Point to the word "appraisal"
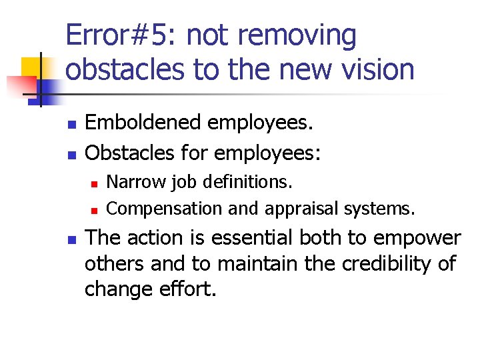pyautogui.click(x=301, y=209)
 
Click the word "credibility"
pyautogui.click(x=385, y=264)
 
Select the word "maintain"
pyautogui.click(x=250, y=264)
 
